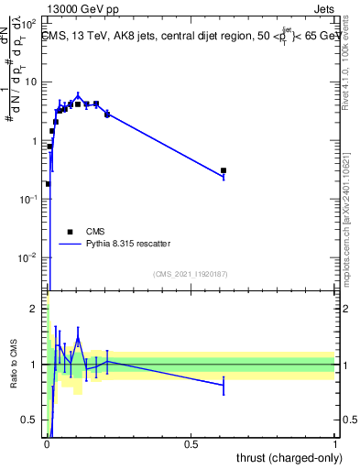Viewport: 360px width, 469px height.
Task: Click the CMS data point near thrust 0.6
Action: pos(224,170)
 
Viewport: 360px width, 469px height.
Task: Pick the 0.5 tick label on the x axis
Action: pos(191,444)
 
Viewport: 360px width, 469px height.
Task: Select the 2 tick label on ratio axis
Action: pos(37,309)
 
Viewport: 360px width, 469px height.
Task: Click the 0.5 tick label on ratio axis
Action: pos(32,420)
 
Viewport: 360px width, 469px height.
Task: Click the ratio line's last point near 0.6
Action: pos(224,386)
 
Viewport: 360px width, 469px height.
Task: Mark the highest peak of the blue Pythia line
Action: pos(79,94)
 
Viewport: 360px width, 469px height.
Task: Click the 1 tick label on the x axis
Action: pos(335,444)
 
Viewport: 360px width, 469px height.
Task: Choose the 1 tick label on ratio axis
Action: pos(37,365)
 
